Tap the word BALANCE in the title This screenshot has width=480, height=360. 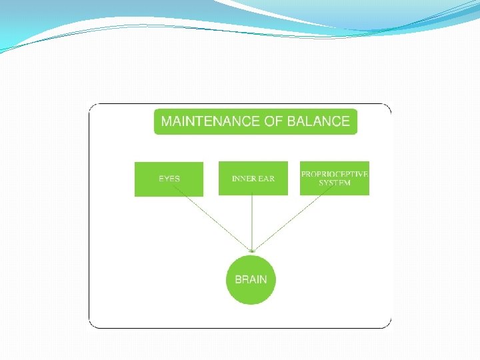(x=318, y=121)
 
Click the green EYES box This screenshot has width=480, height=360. (x=169, y=179)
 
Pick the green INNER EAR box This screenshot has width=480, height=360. (x=253, y=178)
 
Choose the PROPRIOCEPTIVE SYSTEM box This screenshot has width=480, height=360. (x=334, y=178)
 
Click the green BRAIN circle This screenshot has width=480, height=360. (x=251, y=279)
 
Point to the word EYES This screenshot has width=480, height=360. (x=169, y=179)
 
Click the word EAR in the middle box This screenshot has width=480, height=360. (x=266, y=179)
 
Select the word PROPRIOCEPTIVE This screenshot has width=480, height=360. (x=335, y=174)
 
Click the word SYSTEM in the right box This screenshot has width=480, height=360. (x=335, y=183)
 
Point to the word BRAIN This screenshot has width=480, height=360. (x=251, y=279)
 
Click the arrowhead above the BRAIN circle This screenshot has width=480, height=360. (x=251, y=251)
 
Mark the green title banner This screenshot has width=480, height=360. (x=255, y=121)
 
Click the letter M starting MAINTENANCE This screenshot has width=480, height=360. (x=167, y=121)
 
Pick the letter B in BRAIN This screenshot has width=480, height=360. (x=238, y=279)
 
